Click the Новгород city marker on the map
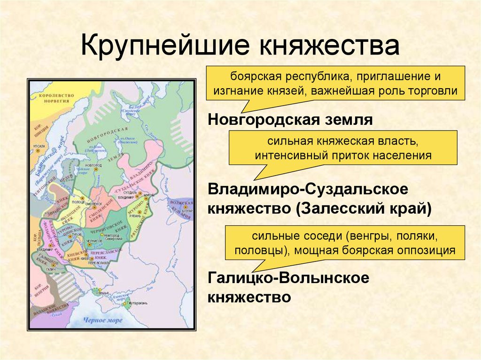pos(95,169)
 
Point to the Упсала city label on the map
pos(40,146)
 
